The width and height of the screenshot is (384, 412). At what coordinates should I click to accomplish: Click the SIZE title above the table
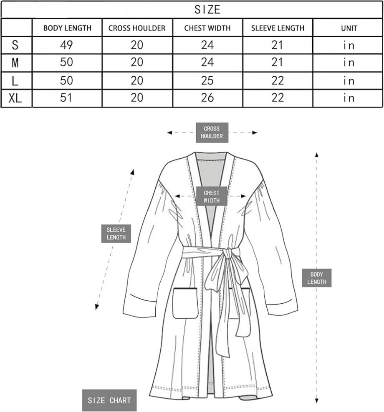click(207, 10)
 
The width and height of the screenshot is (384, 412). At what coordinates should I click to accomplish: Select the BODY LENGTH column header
click(67, 28)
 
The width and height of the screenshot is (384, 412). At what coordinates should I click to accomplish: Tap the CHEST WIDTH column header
click(207, 28)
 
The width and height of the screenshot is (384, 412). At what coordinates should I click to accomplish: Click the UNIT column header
click(349, 28)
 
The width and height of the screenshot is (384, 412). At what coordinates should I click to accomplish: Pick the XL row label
click(15, 98)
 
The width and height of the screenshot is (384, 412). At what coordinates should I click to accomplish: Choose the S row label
click(15, 45)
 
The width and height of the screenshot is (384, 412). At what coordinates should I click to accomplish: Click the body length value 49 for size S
click(66, 45)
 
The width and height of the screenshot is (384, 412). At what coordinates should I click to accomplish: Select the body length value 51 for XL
click(66, 98)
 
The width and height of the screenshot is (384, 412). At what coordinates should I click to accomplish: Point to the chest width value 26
click(207, 98)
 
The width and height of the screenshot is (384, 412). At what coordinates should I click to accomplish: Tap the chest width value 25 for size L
click(207, 80)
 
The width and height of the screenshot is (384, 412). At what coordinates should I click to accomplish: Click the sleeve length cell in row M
click(278, 62)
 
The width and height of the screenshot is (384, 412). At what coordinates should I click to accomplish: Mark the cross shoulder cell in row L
click(137, 80)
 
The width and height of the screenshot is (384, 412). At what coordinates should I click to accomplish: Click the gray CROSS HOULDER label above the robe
click(212, 132)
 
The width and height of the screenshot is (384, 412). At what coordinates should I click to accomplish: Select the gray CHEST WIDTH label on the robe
click(212, 196)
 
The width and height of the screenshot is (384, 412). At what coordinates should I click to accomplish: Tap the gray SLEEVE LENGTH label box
click(116, 234)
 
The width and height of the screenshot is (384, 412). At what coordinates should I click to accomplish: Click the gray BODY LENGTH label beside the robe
click(316, 278)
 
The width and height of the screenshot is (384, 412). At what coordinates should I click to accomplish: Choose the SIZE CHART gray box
click(109, 400)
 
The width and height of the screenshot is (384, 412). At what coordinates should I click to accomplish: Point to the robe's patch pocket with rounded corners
click(185, 303)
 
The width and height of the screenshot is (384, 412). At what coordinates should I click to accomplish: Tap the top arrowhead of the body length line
click(317, 155)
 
